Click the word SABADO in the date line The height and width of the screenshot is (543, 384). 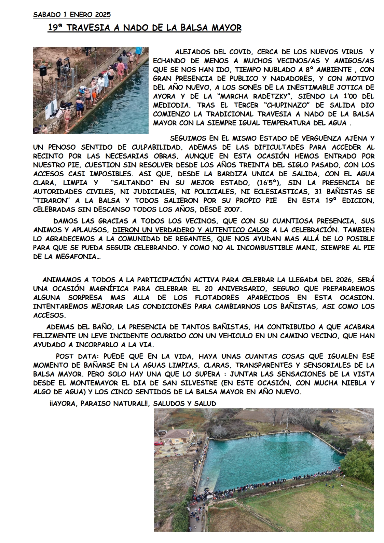tap(46, 14)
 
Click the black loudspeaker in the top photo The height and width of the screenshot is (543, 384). tap(43, 71)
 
